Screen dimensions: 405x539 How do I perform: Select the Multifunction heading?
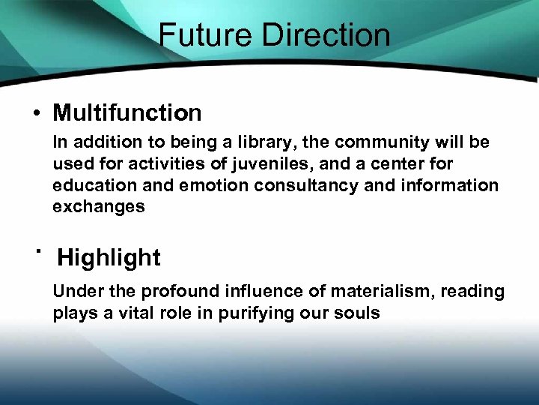pyautogui.click(x=127, y=113)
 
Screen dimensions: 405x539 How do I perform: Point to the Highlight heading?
pyautogui.click(x=109, y=257)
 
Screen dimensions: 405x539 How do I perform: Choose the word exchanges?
pyautogui.click(x=99, y=207)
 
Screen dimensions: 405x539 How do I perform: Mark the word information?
pyautogui.click(x=445, y=185)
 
